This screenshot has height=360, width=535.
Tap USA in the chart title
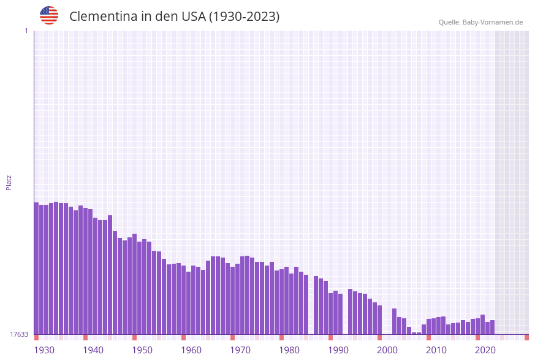193,17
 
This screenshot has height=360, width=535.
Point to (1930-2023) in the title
244,17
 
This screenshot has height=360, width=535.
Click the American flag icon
49,15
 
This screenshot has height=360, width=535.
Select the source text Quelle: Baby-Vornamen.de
480,22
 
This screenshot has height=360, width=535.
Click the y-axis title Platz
9,182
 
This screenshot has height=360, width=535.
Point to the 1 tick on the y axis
26,31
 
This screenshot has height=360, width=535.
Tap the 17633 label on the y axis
18,334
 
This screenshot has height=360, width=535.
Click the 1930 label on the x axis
44,350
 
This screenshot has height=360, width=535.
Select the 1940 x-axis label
93,350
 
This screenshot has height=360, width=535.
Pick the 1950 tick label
142,350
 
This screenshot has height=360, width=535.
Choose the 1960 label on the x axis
191,350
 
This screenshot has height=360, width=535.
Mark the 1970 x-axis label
240,350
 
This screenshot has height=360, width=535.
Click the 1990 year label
338,350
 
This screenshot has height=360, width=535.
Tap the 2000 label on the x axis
387,350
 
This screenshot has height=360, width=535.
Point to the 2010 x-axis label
436,350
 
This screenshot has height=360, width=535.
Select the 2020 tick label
485,350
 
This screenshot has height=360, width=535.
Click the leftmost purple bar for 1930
36,268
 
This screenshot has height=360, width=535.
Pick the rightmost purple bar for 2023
492,327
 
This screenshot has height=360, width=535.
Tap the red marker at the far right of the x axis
526,337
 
